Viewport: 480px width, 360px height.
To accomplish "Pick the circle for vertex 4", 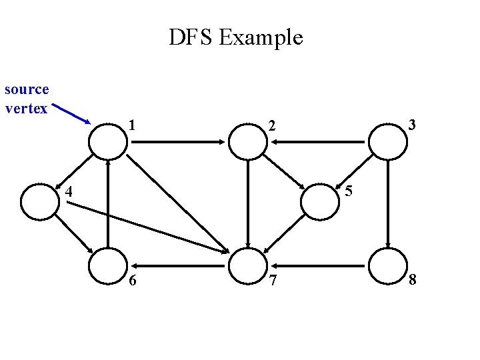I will tap(39, 201).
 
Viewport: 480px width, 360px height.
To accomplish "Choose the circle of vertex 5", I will tap(319, 201).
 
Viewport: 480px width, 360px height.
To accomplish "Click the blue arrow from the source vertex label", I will tap(71, 114).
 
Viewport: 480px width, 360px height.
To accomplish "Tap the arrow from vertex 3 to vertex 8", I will tap(387, 203).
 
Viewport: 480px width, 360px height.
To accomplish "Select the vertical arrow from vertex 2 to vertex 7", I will tap(247, 203).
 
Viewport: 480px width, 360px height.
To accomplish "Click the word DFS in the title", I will tap(191, 37).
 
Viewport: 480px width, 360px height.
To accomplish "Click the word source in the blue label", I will tap(27, 89).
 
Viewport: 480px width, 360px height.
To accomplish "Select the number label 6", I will tap(133, 281).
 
